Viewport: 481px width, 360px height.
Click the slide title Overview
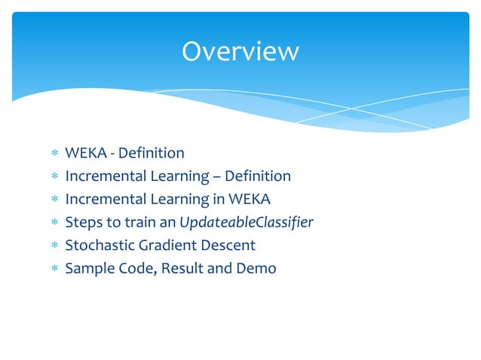pos(240,51)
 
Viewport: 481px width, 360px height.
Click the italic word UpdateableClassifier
pos(247,222)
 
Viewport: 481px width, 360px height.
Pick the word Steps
pos(84,222)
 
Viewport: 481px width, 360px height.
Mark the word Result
pos(184,268)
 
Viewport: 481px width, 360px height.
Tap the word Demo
pos(257,268)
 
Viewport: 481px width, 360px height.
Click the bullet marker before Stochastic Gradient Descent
pos(54,246)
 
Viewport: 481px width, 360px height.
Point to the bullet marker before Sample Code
pos(54,269)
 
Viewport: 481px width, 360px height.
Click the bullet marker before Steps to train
pos(54,223)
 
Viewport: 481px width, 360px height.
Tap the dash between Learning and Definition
pos(213,177)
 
